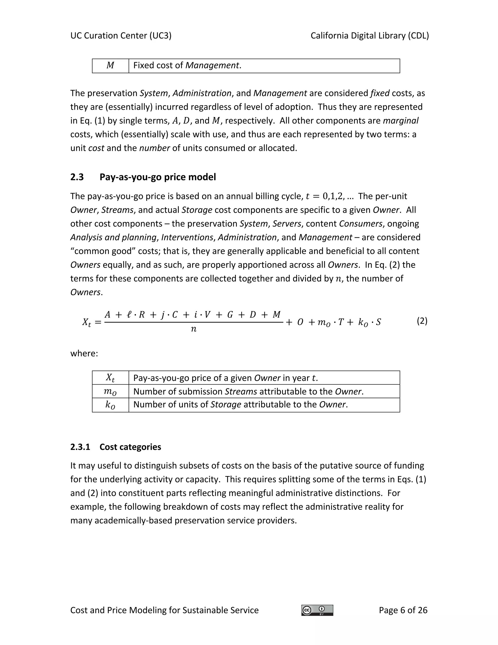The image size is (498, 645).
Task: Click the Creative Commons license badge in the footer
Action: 317,610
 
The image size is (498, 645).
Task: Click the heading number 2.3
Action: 77,177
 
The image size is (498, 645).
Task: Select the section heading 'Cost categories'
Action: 130,447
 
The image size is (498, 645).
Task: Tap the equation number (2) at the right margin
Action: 422,321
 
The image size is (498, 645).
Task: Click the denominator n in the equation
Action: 194,329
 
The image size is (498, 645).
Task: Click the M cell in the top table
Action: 110,65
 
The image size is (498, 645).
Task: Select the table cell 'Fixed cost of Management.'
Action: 187,65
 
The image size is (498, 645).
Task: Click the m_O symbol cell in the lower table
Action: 110,392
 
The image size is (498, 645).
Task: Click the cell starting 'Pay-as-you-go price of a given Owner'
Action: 226,378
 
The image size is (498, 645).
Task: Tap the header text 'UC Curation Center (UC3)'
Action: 121,36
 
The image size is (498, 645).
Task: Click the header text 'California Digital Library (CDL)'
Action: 370,36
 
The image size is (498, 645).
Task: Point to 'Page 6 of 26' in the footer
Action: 403,610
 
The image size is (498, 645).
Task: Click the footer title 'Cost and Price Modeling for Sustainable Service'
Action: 164,610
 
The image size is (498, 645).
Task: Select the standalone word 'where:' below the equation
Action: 84,353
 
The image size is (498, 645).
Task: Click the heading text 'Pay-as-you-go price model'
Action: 158,177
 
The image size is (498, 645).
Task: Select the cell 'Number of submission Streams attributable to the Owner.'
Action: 249,392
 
